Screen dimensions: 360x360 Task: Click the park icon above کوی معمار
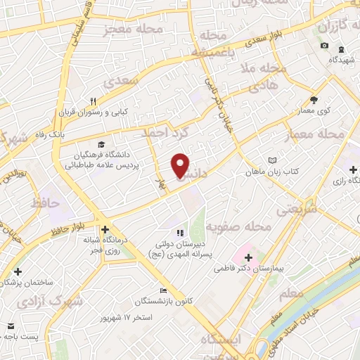pyautogui.click(x=314, y=99)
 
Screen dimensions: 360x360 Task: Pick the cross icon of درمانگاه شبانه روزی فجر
pyautogui.click(x=105, y=229)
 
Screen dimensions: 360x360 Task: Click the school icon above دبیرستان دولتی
pyautogui.click(x=180, y=233)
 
